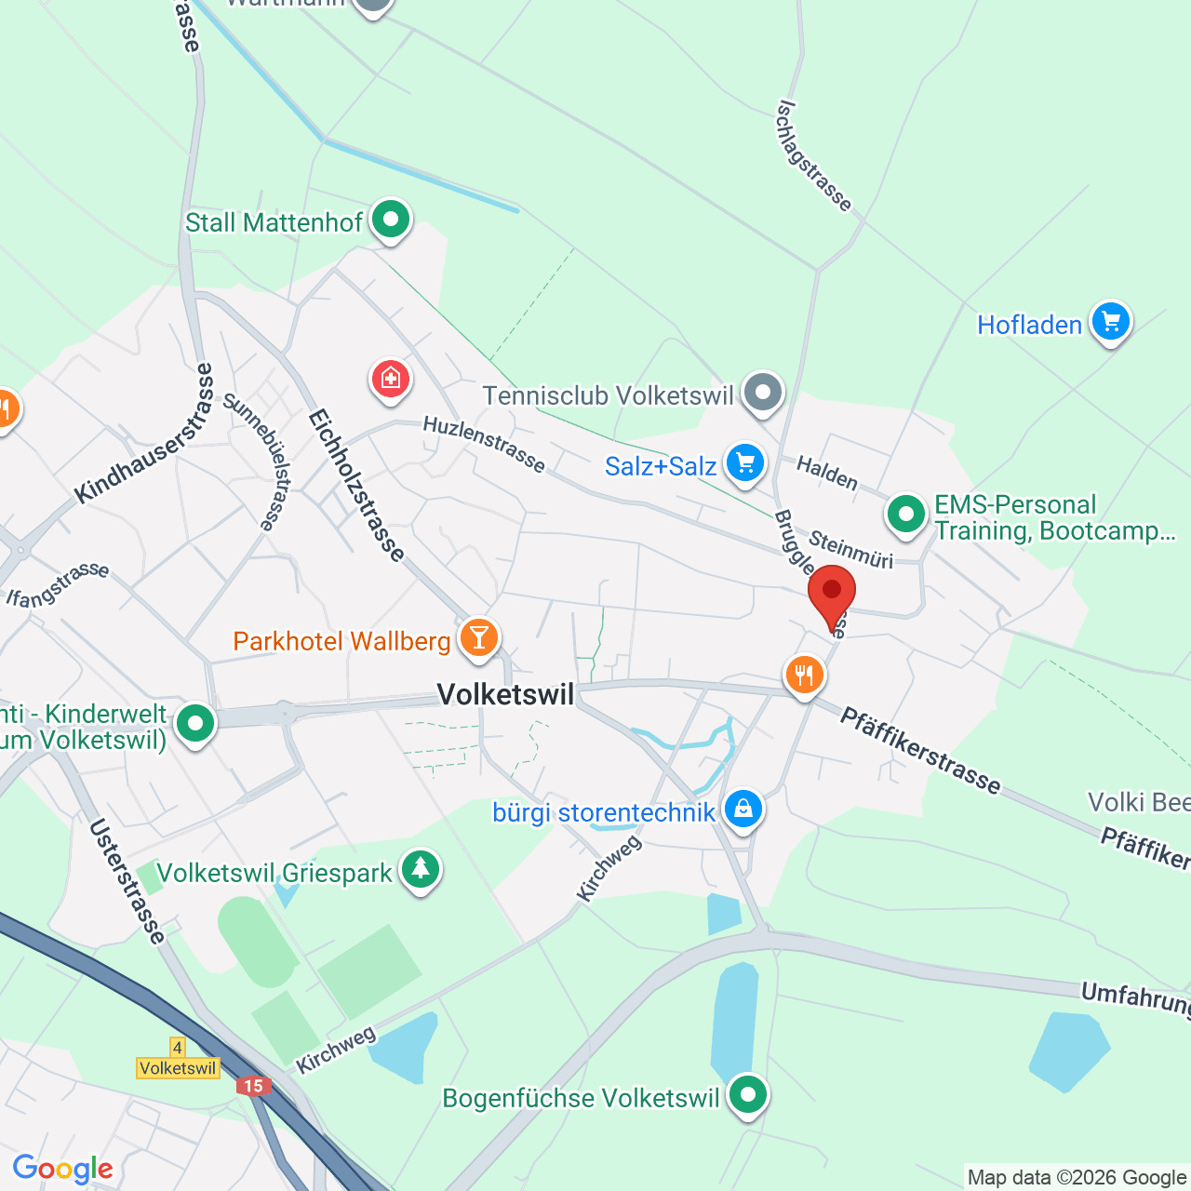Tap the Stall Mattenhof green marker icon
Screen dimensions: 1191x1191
point(391,221)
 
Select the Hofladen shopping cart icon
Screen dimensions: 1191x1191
point(1110,323)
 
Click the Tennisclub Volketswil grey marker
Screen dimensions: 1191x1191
point(763,394)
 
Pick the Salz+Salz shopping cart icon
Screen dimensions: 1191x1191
point(744,462)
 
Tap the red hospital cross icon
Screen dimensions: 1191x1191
point(391,379)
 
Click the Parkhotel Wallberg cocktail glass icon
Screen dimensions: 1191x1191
point(479,638)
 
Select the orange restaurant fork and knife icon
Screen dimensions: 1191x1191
point(804,675)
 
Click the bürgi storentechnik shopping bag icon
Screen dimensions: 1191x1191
point(743,810)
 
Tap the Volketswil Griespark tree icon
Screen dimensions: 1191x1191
point(421,870)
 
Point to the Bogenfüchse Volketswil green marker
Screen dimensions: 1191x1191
point(747,1095)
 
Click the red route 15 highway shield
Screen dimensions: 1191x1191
point(253,1086)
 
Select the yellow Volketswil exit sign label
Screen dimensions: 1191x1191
point(178,1068)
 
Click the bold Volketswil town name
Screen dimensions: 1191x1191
point(505,694)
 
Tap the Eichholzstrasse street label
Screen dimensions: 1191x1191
point(357,486)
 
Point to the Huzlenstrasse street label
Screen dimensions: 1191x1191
point(484,444)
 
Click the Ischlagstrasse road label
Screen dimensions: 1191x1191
point(813,155)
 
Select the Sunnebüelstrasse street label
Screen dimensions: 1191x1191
point(256,462)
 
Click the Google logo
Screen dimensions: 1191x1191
point(62,1169)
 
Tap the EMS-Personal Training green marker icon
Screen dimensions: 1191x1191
point(905,514)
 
